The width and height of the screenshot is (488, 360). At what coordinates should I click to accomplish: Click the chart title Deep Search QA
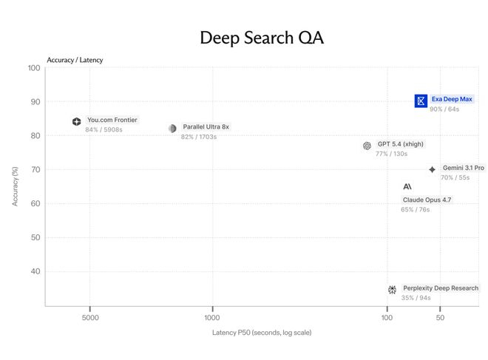[262, 38]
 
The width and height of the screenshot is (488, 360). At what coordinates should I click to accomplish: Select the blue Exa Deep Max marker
[421, 101]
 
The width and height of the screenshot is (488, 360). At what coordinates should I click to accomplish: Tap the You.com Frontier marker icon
[77, 121]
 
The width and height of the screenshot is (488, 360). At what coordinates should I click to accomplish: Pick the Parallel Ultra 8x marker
[172, 128]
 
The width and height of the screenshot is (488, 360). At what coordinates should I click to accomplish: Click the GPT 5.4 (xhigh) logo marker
[367, 146]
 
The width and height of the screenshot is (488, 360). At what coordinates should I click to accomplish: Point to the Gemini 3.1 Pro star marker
[432, 169]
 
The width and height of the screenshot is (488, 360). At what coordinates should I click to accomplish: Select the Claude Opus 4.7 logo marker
[407, 186]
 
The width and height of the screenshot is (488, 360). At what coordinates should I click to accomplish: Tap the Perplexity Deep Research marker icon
[392, 290]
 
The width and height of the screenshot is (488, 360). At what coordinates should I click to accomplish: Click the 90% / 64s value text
[444, 109]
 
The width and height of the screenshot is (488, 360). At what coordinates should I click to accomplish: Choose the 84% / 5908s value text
[104, 129]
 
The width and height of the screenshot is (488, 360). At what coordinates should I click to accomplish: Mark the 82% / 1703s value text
[199, 137]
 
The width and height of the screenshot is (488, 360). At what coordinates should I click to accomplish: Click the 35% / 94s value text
[416, 298]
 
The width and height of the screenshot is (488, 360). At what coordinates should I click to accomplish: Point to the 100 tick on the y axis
[34, 68]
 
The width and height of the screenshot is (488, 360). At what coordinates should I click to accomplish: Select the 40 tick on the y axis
[35, 271]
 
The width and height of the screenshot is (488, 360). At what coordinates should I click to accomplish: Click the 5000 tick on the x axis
[90, 317]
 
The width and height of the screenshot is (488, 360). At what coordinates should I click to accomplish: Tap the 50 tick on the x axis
[440, 317]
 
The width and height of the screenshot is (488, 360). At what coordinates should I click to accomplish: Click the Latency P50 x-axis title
[262, 333]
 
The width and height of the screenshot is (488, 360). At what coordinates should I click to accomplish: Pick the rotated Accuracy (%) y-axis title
[15, 186]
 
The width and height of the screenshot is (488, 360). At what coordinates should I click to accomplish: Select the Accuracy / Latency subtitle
[75, 60]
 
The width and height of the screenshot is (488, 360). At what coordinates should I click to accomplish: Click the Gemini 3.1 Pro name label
[464, 168]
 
